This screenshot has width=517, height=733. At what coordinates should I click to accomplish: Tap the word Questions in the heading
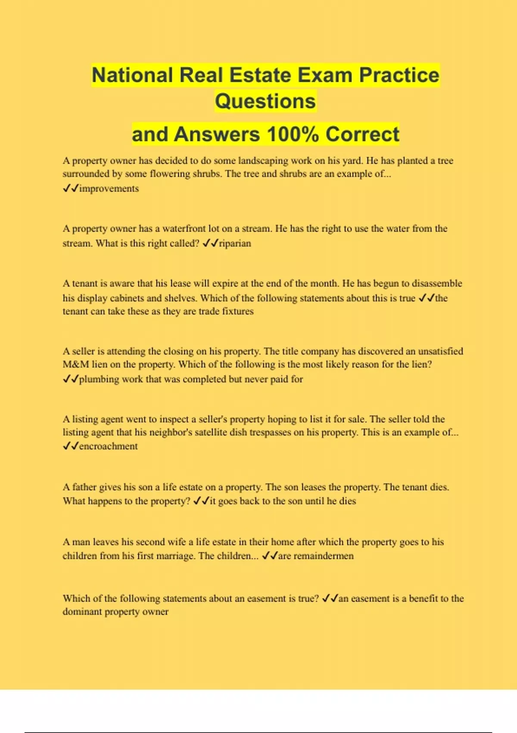click(265, 101)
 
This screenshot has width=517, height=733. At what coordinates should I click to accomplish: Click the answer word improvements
click(109, 188)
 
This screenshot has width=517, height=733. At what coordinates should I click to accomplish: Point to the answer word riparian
click(235, 243)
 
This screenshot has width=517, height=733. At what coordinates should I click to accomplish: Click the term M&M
click(76, 364)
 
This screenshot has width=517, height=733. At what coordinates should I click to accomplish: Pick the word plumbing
click(99, 379)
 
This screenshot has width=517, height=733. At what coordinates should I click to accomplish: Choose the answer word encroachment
click(108, 446)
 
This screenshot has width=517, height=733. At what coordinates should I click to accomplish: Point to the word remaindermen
click(316, 556)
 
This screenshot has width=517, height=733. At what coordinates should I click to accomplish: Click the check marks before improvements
click(71, 188)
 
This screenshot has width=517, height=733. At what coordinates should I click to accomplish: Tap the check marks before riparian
click(210, 243)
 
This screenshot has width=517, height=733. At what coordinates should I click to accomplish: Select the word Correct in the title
click(362, 134)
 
